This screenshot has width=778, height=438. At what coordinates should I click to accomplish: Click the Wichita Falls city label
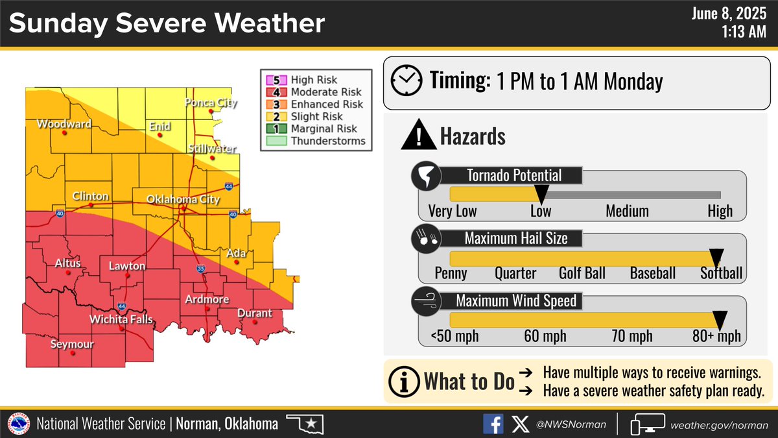[x=121, y=319]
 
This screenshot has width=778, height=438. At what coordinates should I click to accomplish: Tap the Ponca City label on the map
[x=211, y=103]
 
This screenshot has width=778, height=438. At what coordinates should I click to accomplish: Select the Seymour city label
[x=72, y=345]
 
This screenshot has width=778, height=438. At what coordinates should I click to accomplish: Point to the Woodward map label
[x=64, y=123]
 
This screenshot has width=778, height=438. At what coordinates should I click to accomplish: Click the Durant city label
[x=255, y=313]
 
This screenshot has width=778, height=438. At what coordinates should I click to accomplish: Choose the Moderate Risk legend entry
[x=325, y=92]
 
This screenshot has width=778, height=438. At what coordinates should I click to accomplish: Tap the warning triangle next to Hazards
[x=418, y=136]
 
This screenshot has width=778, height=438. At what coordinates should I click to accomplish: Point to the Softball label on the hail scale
[x=721, y=273]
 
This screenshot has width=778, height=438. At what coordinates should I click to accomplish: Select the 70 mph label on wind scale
[x=632, y=336]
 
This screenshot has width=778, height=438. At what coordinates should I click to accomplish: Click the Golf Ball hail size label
[x=582, y=273]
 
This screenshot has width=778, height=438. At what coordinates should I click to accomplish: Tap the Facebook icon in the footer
[x=493, y=424]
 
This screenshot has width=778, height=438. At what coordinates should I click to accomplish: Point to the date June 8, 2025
[x=729, y=14]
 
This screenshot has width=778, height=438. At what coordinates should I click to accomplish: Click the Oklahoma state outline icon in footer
[x=305, y=425]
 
